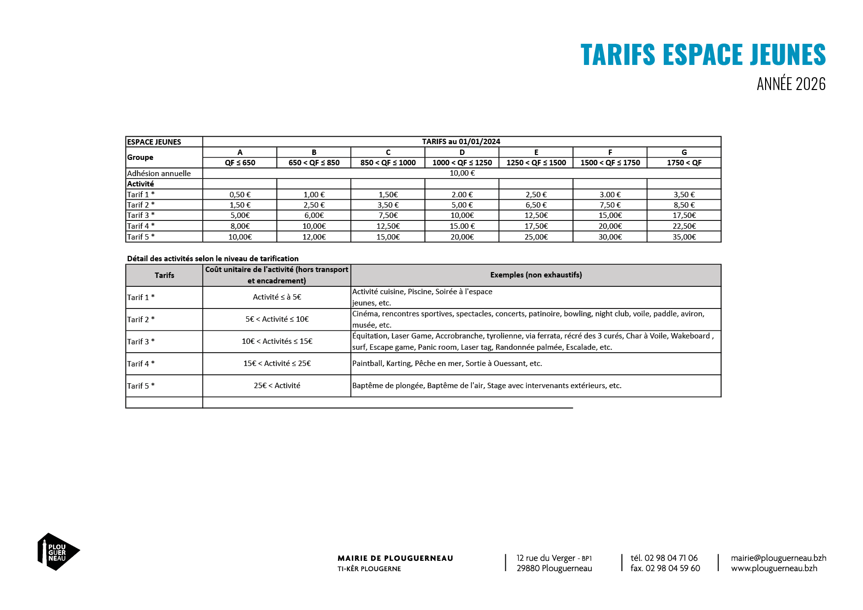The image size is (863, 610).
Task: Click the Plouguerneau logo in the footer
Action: click(x=58, y=551)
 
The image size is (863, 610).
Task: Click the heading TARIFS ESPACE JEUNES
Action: click(x=703, y=55)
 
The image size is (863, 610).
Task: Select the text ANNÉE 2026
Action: click(x=791, y=84)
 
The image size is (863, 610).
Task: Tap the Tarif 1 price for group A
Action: click(x=240, y=194)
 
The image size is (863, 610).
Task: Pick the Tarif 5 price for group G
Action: click(x=684, y=237)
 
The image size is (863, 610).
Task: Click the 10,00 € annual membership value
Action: click(x=462, y=173)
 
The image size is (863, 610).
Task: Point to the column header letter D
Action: click(x=462, y=152)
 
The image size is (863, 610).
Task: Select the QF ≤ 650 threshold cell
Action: click(x=240, y=163)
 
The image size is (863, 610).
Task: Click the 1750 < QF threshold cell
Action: click(x=684, y=163)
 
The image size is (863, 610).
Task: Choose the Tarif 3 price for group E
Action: click(x=536, y=215)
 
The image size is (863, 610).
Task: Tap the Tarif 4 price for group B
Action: click(x=314, y=226)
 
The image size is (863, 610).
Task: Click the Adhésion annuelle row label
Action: click(x=159, y=173)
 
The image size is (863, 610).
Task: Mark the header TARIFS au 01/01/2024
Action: click(x=461, y=142)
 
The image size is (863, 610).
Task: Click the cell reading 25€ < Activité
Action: click(x=277, y=386)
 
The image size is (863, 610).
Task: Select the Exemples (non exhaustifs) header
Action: click(x=536, y=275)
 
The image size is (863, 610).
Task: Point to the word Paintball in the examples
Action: click(x=367, y=364)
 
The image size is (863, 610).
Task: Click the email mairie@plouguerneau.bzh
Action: click(x=778, y=558)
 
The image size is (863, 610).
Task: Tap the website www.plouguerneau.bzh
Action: click(x=774, y=568)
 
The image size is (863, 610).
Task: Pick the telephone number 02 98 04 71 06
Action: click(x=671, y=558)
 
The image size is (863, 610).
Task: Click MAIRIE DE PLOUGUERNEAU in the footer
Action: click(x=395, y=558)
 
